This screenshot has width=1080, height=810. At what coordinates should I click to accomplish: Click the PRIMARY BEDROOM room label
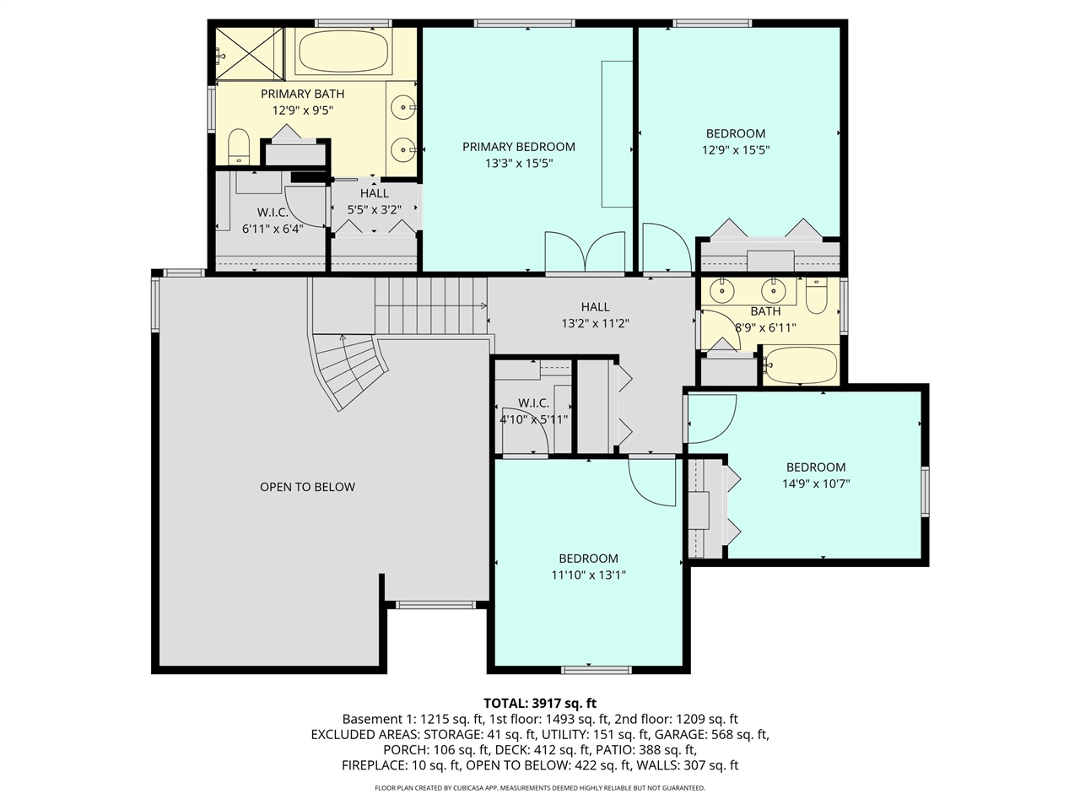point(518,147)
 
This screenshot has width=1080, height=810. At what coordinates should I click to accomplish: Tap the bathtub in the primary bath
point(342,52)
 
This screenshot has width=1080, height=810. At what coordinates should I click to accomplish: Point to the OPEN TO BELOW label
point(307,487)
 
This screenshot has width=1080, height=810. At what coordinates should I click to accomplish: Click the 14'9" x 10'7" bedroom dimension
point(815,484)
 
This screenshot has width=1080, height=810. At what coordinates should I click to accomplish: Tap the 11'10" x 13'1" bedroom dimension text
point(588,575)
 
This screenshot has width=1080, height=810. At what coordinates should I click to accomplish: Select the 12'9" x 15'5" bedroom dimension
point(736,150)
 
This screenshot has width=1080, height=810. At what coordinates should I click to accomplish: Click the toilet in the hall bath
point(816,295)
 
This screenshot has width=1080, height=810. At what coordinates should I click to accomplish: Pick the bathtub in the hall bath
point(800,365)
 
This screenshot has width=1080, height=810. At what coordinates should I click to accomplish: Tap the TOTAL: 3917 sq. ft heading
point(540,703)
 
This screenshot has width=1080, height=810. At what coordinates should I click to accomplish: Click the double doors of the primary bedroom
point(584,253)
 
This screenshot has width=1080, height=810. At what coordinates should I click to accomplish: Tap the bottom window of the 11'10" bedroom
point(597,670)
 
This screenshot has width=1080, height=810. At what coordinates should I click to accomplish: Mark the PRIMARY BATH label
point(302,94)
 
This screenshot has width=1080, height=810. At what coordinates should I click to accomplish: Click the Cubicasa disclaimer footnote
point(540,788)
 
